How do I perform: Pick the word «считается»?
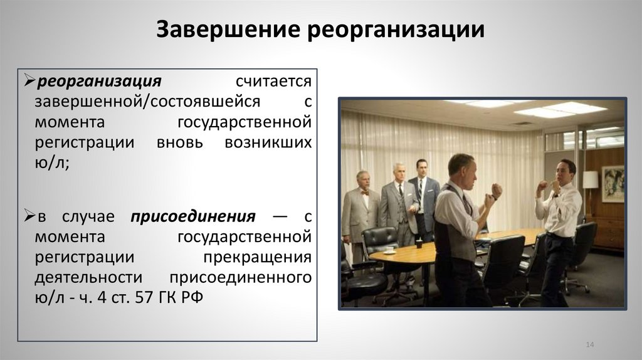pyautogui.click(x=273, y=82)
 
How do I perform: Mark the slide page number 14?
pyautogui.click(x=589, y=346)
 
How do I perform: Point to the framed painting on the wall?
pyautogui.click(x=613, y=183)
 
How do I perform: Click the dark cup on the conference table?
pyautogui.click(x=419, y=243)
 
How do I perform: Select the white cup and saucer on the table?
pyautogui.click(x=389, y=250)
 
